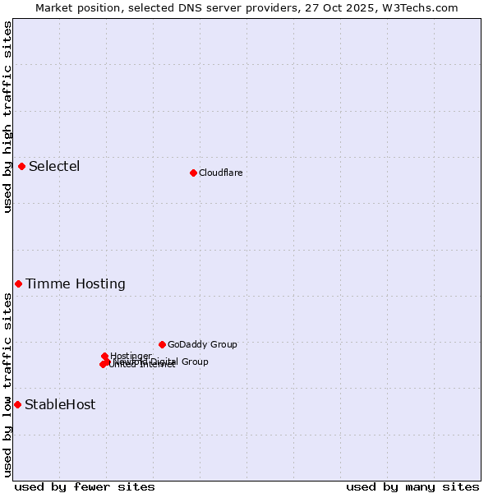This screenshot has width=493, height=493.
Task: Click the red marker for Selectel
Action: click(21, 167)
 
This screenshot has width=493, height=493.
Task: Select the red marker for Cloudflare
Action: click(193, 173)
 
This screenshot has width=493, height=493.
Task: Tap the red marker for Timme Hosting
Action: click(18, 283)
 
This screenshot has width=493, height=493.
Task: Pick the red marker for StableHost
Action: click(17, 404)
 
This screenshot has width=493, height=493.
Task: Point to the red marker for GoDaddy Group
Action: click(162, 344)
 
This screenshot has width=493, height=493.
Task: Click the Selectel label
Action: click(54, 167)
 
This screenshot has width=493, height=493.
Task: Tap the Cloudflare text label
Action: click(220, 173)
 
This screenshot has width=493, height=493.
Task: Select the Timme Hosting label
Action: click(76, 284)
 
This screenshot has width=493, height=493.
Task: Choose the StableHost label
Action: click(60, 404)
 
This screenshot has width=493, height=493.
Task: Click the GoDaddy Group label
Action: click(202, 345)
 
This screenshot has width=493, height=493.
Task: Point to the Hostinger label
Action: click(131, 356)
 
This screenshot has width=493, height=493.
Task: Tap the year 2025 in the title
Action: click(366, 7)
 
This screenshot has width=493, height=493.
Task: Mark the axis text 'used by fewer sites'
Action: click(85, 486)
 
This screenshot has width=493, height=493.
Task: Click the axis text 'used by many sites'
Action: click(412, 486)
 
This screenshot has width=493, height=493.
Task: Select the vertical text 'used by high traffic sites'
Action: click(7, 117)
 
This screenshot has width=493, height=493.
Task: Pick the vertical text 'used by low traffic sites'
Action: click(7, 385)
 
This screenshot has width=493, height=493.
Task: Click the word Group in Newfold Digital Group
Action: click(194, 362)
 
